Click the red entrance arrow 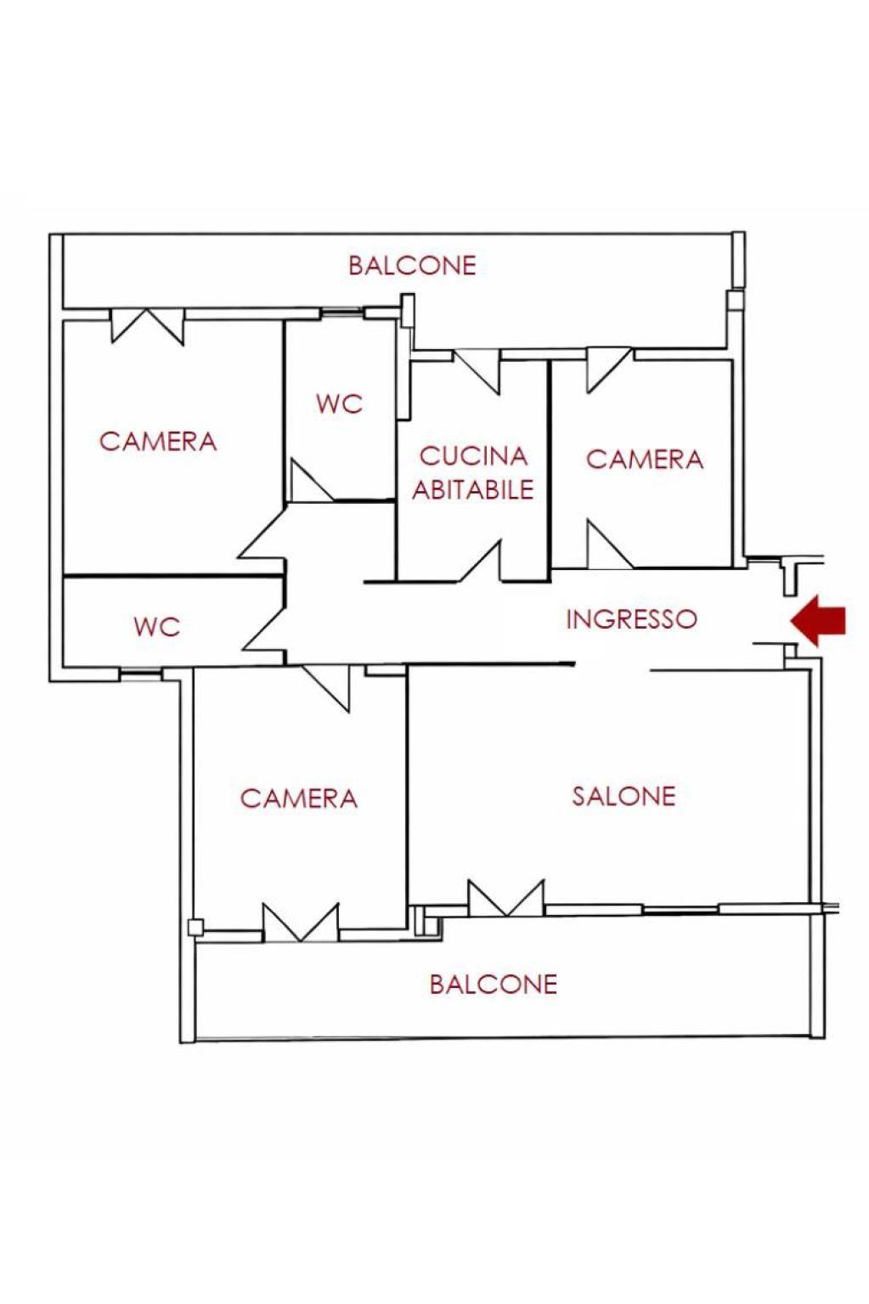(x=818, y=620)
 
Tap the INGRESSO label (x=631, y=618)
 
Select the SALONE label (x=624, y=796)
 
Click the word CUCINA (x=473, y=456)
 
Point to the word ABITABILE (x=473, y=489)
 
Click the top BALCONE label (x=412, y=265)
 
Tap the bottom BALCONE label (x=493, y=984)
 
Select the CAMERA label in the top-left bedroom (x=158, y=441)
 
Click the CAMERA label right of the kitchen (x=645, y=460)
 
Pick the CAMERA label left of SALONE (x=299, y=799)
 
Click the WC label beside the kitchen (x=339, y=404)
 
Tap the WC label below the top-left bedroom (x=157, y=627)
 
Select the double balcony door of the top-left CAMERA (x=148, y=327)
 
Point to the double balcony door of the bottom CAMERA (x=301, y=923)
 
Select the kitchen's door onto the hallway (x=481, y=562)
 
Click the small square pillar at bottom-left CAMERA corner (x=197, y=927)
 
